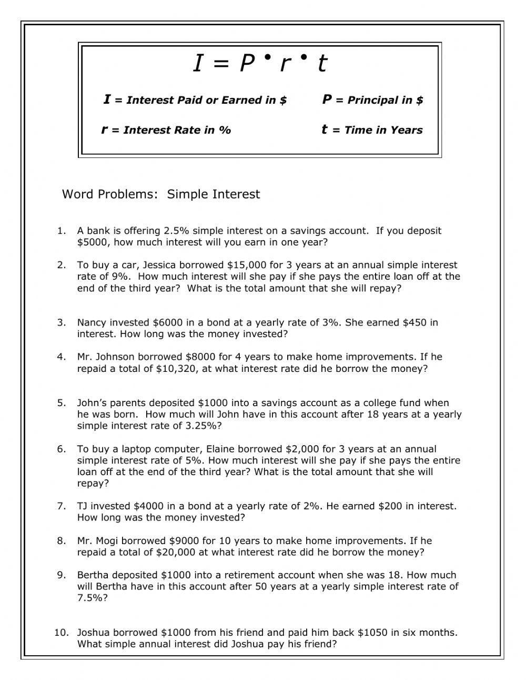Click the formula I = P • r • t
click(x=260, y=64)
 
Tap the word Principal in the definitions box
click(x=371, y=100)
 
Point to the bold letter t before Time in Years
click(x=325, y=130)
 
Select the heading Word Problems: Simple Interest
click(x=161, y=194)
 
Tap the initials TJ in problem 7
click(x=83, y=506)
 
